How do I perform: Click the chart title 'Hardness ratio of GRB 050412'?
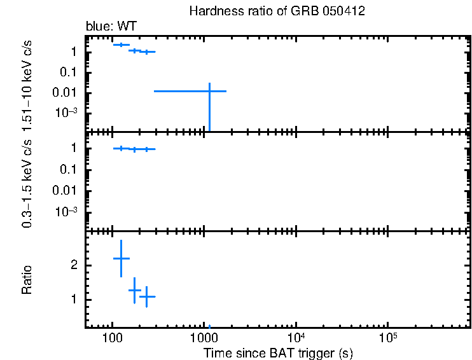click(x=277, y=12)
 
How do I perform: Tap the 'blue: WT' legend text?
click(x=111, y=26)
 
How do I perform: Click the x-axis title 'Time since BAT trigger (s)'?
click(x=278, y=352)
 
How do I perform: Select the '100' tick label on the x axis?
click(x=113, y=338)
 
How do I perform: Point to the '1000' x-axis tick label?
click(x=204, y=338)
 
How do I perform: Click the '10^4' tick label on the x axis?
click(x=296, y=337)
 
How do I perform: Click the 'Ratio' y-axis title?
click(x=27, y=279)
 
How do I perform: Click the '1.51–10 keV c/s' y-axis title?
click(x=27, y=81)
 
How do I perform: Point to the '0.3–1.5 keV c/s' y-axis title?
click(x=27, y=181)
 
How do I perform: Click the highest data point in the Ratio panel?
click(x=121, y=258)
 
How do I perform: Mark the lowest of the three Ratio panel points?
click(x=148, y=296)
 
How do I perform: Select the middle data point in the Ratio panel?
click(x=134, y=290)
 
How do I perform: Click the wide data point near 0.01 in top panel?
click(x=209, y=91)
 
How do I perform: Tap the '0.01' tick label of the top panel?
click(x=68, y=93)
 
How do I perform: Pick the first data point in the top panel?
click(x=121, y=45)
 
